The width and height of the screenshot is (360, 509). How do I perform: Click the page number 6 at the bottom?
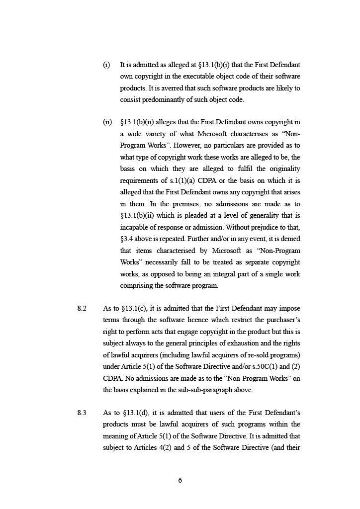click(180, 480)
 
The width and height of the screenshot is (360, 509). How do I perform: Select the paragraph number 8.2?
click(82, 309)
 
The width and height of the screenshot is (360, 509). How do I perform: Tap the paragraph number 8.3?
click(82, 413)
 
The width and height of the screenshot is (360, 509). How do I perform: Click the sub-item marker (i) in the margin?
click(106, 65)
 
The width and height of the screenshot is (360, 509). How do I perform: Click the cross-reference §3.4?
click(127, 239)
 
